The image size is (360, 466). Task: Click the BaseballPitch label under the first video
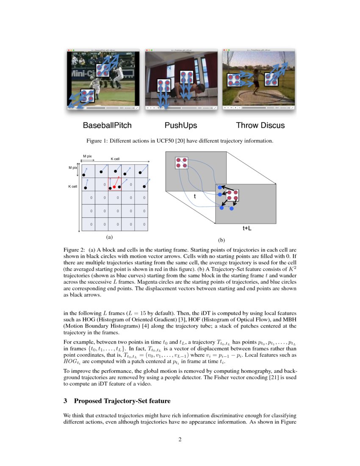107,125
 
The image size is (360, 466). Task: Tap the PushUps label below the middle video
181,125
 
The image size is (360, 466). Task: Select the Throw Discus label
260,125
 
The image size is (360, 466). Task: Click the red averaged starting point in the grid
114,186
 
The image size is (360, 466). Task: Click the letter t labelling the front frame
194,197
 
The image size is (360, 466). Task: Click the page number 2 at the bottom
180,439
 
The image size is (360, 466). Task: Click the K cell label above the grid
115,159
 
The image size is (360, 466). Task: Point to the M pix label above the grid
87,156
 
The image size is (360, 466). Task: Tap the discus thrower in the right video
255,83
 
